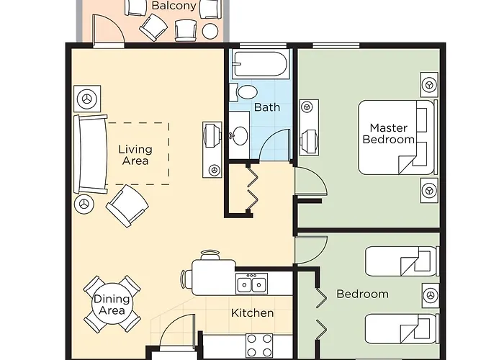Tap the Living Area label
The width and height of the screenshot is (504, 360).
coord(135,155)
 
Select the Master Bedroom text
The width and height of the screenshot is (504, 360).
coord(388,134)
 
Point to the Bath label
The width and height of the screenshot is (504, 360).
coord(267,107)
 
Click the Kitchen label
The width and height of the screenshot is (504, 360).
coord(252,313)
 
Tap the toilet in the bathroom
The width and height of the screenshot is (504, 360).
coord(245,91)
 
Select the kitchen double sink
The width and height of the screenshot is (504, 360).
coord(253,284)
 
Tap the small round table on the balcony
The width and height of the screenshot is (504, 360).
coord(210,32)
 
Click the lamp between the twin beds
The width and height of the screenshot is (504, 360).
coord(430,294)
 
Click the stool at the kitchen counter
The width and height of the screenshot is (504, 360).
coord(210,255)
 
